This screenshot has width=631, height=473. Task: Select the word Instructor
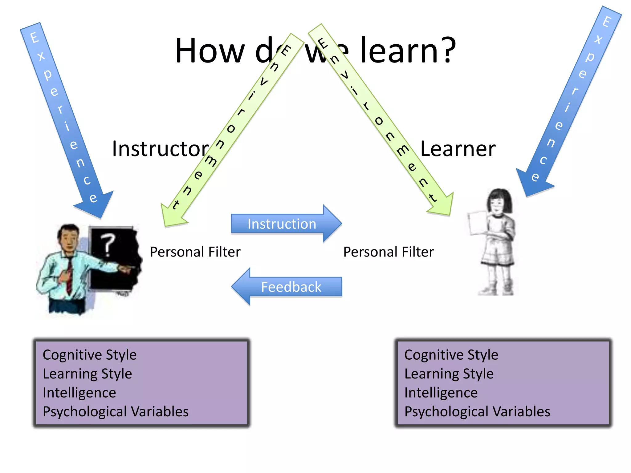160,149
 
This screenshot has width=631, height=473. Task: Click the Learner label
458,149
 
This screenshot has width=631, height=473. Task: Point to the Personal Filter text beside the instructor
195,252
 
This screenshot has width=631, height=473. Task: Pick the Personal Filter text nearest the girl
389,252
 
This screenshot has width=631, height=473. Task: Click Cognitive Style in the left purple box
90,355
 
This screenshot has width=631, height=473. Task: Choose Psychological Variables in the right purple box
477,412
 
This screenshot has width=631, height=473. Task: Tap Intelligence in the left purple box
79,393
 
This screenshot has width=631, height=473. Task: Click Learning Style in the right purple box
449,374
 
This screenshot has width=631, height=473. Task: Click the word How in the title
210,51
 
